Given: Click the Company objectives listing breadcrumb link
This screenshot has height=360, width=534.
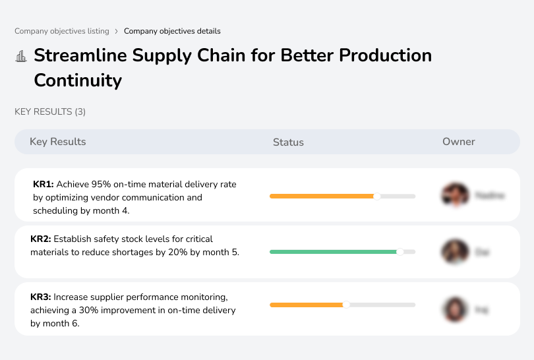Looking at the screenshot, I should (62, 31).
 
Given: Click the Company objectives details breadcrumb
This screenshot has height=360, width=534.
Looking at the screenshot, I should (172, 31).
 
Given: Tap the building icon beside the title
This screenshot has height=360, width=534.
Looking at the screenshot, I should (21, 56).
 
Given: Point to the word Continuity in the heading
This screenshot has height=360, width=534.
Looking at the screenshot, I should (78, 80).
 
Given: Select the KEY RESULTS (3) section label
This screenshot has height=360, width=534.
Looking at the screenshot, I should (50, 112).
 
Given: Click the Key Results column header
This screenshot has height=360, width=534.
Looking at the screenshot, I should (57, 142).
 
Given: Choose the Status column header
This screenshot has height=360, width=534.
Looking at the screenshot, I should (288, 142).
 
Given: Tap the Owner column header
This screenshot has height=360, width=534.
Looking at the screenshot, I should (458, 142).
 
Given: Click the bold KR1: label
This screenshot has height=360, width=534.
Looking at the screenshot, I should (44, 185).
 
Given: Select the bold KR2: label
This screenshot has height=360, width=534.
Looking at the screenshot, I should (41, 239).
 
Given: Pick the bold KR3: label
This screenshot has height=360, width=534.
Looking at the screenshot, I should (41, 297).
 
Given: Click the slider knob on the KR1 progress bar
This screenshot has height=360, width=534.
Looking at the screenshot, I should (377, 196).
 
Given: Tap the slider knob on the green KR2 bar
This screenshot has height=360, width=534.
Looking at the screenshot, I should (400, 251).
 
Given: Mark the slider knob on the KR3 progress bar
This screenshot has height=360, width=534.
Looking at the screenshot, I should (346, 305).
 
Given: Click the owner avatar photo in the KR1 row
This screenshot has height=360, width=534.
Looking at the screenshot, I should (455, 195).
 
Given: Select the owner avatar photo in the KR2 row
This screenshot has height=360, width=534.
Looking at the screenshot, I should (455, 251).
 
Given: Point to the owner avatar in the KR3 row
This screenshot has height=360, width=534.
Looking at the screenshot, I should (455, 309).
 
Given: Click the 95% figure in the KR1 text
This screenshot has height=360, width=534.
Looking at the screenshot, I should (101, 185).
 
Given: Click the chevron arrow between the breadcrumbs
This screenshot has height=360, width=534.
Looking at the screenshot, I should (117, 31).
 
